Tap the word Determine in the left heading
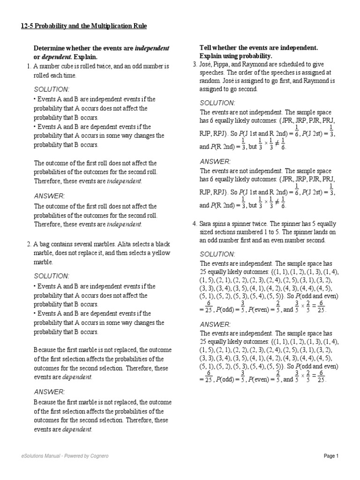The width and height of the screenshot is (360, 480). [x=49, y=48]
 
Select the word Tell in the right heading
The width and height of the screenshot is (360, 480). [x=206, y=48]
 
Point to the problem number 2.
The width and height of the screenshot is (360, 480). [x=29, y=244]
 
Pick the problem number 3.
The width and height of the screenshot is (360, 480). [x=195, y=64]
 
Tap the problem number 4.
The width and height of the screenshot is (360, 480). [x=195, y=224]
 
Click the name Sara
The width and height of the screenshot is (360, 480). [x=207, y=224]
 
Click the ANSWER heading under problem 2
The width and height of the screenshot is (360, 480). [x=49, y=392]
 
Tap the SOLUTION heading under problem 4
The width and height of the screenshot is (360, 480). [x=217, y=254]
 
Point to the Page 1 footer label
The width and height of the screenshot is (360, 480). [x=331, y=456]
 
